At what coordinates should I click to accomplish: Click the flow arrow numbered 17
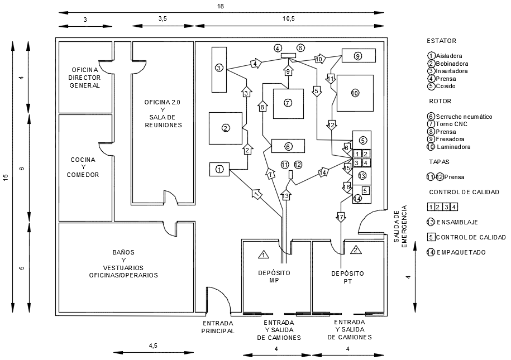click(341, 217)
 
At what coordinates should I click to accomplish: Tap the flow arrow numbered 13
click(286, 195)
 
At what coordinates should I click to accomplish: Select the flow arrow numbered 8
click(262, 107)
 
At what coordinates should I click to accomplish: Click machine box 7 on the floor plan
click(288, 104)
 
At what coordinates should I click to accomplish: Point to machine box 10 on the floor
click(355, 93)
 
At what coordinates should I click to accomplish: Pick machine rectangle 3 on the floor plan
click(219, 69)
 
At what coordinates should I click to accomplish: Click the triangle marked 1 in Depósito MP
click(264, 254)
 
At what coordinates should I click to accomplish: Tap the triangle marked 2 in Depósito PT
click(356, 249)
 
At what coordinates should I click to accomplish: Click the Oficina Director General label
click(85, 78)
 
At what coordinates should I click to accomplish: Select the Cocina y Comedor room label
click(83, 167)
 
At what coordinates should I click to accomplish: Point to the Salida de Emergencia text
click(400, 226)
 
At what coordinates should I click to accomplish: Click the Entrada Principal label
click(218, 327)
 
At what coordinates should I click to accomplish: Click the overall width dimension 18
click(221, 6)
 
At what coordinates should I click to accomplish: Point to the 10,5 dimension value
click(288, 18)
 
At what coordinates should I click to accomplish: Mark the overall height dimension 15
click(6, 177)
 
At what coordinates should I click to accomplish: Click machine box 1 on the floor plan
click(219, 170)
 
